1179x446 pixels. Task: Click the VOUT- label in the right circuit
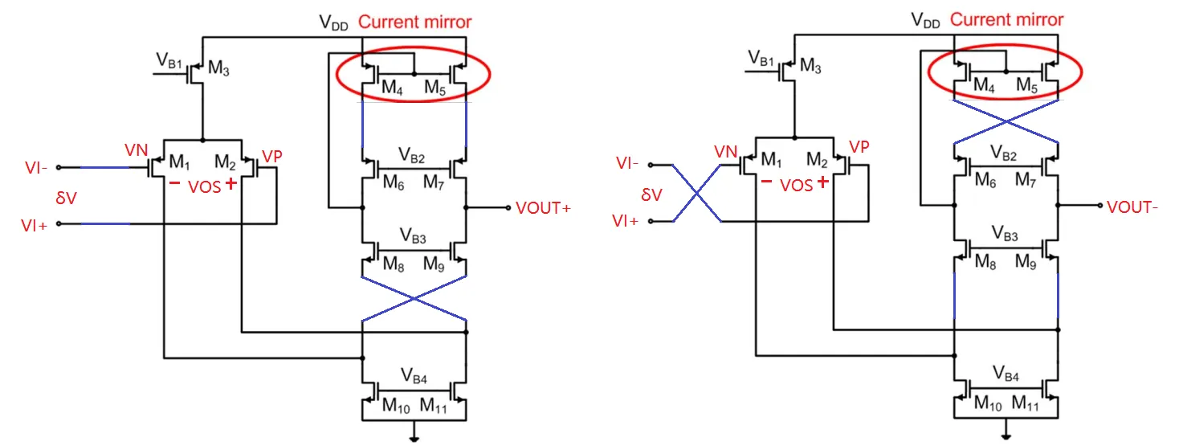(1132, 207)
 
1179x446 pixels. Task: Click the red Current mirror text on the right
(1006, 20)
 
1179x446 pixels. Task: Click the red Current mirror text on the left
(414, 22)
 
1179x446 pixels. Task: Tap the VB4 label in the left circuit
(414, 374)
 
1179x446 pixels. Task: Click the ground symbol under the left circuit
(414, 438)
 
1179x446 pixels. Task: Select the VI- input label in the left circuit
(36, 168)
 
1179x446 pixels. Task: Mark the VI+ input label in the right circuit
(626, 221)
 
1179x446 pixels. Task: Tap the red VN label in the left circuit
(136, 150)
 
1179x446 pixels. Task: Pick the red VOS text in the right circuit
(797, 185)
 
